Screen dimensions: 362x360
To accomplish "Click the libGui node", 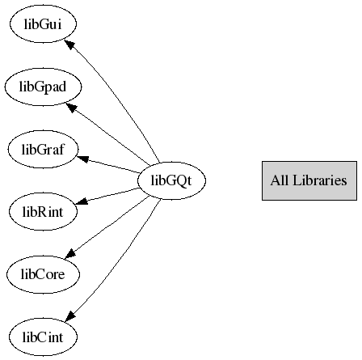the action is tap(43, 23).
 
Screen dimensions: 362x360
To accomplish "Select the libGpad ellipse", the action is tap(43, 87).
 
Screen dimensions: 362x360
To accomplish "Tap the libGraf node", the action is tap(43, 149).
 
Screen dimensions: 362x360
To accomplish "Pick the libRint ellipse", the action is tap(43, 211).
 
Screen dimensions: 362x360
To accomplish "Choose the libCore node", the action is tap(43, 274).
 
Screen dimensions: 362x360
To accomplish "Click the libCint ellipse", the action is tap(43, 337).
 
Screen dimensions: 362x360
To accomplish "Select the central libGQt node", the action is tap(171, 180).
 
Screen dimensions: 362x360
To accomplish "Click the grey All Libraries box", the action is tap(309, 180).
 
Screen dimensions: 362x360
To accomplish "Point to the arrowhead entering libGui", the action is tap(69, 44).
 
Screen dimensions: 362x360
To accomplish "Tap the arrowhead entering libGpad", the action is tap(71, 108).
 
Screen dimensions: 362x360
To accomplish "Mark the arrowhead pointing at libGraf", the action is tap(82, 159).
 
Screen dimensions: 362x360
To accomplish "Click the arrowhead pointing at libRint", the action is tap(82, 201).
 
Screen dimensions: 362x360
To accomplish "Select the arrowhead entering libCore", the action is tap(70, 253).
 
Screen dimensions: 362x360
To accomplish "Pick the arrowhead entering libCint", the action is tap(69, 316).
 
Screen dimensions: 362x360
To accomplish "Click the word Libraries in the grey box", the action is tap(320, 180).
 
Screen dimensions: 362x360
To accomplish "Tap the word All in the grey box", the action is tap(280, 180).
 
